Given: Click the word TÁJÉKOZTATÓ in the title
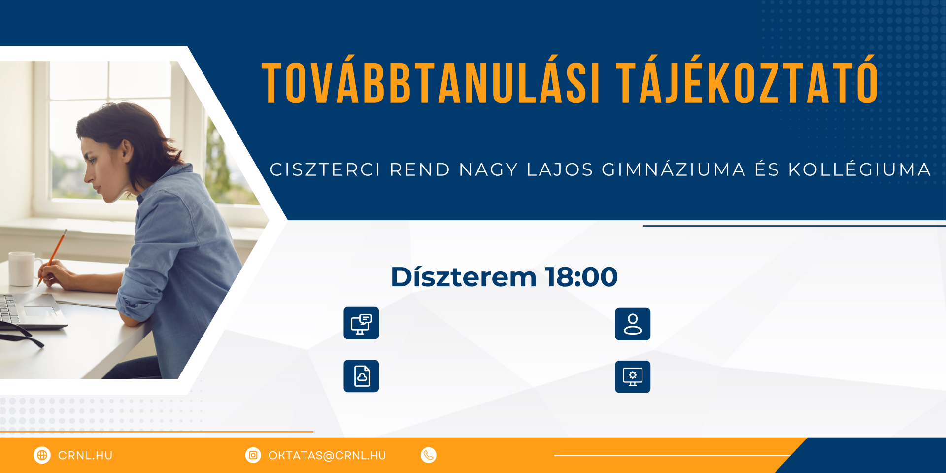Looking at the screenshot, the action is point(747,80).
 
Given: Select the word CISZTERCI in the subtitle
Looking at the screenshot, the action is point(325,169).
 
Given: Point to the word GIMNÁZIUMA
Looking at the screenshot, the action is point(674,169).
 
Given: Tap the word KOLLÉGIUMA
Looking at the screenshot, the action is point(860,169).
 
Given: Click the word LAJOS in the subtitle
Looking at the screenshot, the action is point(560,169).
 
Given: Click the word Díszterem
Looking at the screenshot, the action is point(464,276).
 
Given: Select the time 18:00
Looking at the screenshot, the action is point(581,277).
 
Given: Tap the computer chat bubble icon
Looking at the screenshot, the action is point(361,323).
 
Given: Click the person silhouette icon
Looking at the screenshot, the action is point(633,324).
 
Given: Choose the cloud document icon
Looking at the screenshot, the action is point(361,376).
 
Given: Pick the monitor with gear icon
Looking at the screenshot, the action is point(633,377).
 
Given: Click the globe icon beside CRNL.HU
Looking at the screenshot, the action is point(42,455).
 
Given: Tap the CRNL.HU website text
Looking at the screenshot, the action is point(85,456).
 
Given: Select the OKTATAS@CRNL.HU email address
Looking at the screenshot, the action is point(327,456).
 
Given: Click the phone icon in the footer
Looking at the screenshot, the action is point(429,455).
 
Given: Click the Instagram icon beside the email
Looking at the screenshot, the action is point(253,455).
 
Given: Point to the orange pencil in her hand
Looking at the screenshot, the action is point(52,257).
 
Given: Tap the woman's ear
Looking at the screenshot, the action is point(127,149).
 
